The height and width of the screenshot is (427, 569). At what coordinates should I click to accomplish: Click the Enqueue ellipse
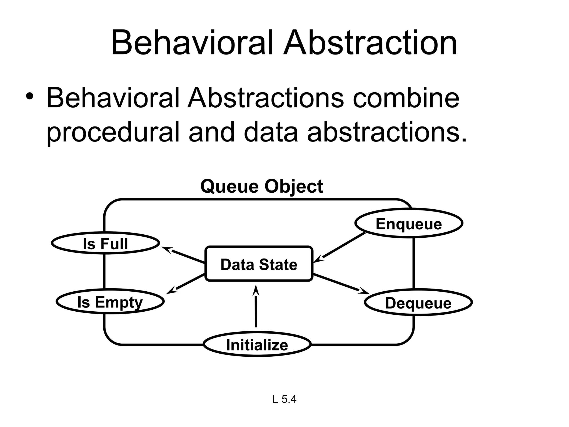409,223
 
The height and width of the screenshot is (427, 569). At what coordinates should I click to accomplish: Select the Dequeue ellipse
418,302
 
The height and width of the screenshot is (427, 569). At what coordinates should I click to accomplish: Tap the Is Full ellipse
106,243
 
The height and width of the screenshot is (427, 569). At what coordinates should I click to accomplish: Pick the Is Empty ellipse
110,302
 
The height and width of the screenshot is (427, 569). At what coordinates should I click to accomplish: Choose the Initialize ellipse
257,344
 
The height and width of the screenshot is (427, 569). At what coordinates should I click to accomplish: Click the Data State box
259,264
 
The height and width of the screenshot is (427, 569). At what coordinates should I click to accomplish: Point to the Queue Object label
261,186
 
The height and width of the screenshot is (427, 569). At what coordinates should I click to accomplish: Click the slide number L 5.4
284,399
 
